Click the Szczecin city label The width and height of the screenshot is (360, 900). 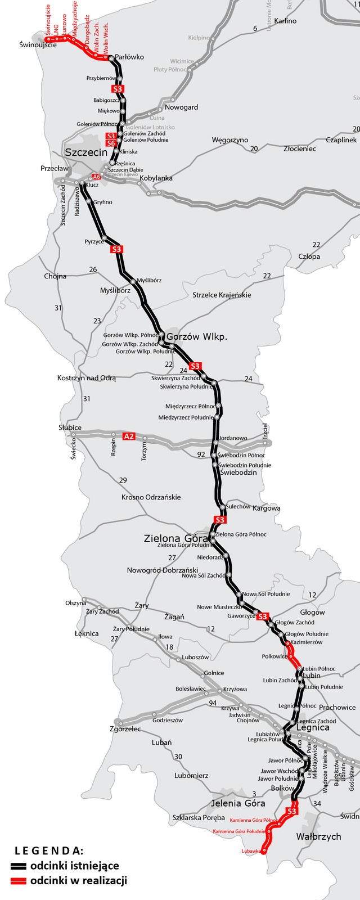86,152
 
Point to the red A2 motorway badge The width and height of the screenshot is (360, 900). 129,436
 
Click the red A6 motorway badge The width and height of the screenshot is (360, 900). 97,177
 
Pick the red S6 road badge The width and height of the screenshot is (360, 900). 111,143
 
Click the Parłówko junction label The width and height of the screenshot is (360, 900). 129,57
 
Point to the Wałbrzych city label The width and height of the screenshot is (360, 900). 318,836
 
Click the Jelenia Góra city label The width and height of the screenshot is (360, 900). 238,803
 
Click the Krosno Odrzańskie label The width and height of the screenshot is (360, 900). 151,497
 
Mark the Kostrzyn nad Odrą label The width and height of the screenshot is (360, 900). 86,378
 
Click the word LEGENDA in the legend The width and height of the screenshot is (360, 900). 49,850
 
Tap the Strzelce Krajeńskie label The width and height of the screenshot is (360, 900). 222,295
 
